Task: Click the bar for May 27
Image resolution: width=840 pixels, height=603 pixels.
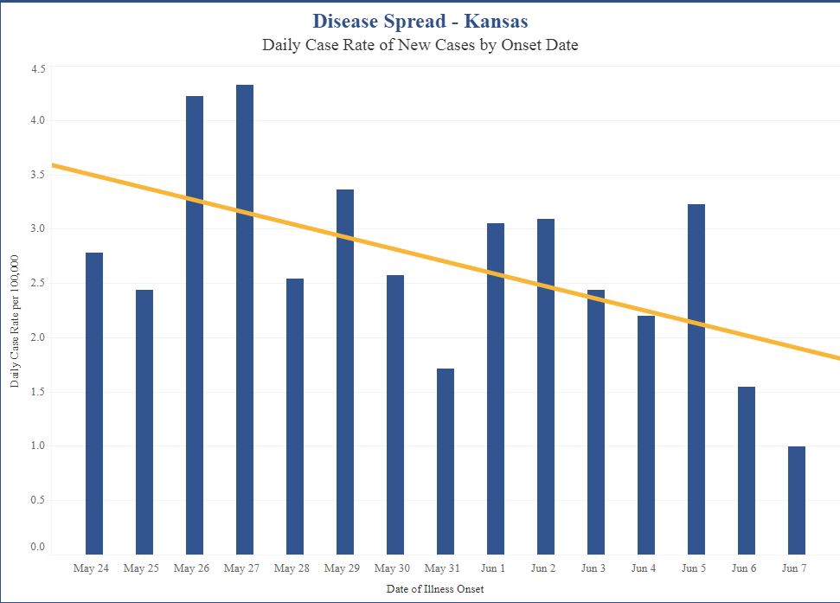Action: point(245,320)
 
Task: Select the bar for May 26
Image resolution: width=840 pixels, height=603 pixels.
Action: point(195,325)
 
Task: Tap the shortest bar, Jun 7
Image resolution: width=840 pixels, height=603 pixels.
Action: point(797,500)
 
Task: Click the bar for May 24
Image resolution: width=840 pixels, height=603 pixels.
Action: point(94,403)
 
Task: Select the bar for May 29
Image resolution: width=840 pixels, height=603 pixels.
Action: point(345,372)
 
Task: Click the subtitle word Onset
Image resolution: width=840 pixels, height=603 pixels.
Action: point(509,45)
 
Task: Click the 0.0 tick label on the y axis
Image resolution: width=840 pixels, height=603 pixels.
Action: point(37,547)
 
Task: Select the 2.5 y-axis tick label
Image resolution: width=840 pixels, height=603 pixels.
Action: point(37,283)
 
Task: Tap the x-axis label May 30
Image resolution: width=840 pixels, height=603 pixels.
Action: point(392,568)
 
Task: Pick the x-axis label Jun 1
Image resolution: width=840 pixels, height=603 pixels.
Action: point(494,568)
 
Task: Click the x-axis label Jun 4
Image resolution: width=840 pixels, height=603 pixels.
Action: point(644,568)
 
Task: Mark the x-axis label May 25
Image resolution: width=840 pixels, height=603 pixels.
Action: point(141,568)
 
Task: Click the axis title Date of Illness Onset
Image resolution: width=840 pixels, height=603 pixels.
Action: point(434,589)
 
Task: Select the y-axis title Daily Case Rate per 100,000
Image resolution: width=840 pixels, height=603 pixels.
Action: point(16,321)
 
